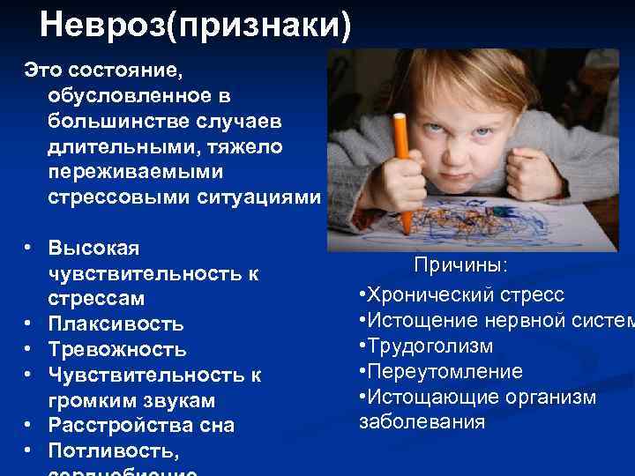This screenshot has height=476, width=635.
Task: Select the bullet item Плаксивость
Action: [x=116, y=324]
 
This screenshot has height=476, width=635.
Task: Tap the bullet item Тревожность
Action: [x=117, y=349]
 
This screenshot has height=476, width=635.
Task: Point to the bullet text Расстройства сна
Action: [x=141, y=425]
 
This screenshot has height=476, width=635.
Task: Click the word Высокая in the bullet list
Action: [x=93, y=249]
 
